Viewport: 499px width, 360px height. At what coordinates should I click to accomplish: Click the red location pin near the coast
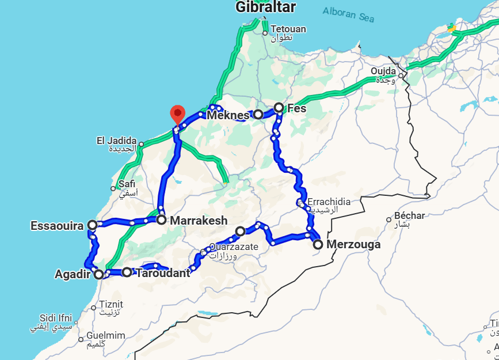pyautogui.click(x=178, y=113)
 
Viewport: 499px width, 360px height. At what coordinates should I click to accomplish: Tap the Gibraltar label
pyautogui.click(x=265, y=7)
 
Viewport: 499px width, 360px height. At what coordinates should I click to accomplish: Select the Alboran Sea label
pyautogui.click(x=348, y=14)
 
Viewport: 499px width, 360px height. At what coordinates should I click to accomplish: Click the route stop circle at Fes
pyautogui.click(x=279, y=107)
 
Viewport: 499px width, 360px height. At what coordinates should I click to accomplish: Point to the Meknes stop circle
pyautogui.click(x=258, y=115)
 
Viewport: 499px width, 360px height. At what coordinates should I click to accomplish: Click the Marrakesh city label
pyautogui.click(x=199, y=221)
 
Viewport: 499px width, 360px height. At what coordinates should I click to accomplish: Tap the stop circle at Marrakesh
pyautogui.click(x=161, y=219)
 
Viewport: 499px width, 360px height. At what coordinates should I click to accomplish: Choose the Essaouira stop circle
pyautogui.click(x=92, y=225)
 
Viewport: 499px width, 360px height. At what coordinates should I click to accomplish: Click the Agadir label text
pyautogui.click(x=73, y=274)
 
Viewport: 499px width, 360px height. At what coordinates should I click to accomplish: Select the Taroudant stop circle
pyautogui.click(x=127, y=272)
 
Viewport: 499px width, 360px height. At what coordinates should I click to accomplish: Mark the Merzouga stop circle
pyautogui.click(x=318, y=245)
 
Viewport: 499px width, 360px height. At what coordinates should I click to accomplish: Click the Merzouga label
pyautogui.click(x=353, y=245)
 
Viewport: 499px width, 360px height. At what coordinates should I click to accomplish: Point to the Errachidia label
pyautogui.click(x=329, y=202)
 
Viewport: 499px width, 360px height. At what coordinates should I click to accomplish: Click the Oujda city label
pyautogui.click(x=383, y=71)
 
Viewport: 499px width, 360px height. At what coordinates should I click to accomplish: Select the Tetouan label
pyautogui.click(x=288, y=29)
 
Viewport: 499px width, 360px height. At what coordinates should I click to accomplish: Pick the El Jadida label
pyautogui.click(x=116, y=141)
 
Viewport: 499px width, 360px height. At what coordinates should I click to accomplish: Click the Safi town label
pyautogui.click(x=126, y=184)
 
